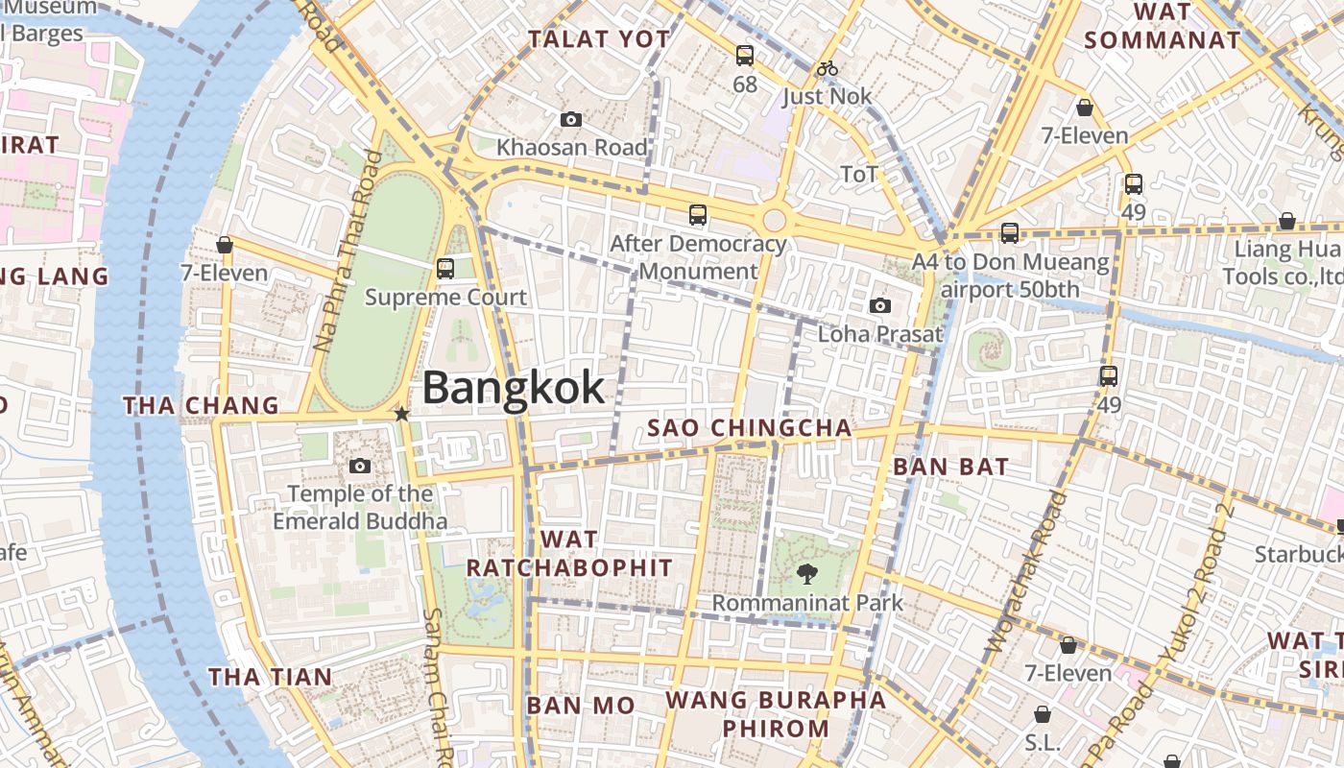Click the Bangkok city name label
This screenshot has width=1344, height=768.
coord(514,388)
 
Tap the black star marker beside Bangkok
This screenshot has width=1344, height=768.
coord(401,414)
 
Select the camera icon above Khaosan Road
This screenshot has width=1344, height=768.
coord(571,120)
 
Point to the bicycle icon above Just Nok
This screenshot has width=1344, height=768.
coord(828,68)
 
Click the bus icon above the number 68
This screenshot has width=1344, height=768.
coord(745,56)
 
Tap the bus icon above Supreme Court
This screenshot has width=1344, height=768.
coord(445,269)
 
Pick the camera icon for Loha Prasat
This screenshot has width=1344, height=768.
coord(879,306)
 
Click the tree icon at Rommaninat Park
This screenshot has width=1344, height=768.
coord(807,574)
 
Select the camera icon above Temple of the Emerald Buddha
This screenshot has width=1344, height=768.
coord(360,467)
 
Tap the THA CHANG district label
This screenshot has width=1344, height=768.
coord(201,406)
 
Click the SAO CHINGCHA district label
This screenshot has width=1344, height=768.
coord(750,428)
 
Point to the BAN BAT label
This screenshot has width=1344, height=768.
coord(950,468)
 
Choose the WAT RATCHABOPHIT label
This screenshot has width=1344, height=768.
coord(569,554)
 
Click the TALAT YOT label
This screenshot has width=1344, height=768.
coord(599,39)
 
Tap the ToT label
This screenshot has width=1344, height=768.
coord(859,175)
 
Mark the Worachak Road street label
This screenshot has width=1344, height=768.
coord(1026,571)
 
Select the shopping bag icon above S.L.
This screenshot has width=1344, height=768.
coord(1042,715)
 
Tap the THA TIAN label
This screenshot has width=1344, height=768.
coord(271,677)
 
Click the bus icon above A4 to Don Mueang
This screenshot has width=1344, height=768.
coord(1009,233)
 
